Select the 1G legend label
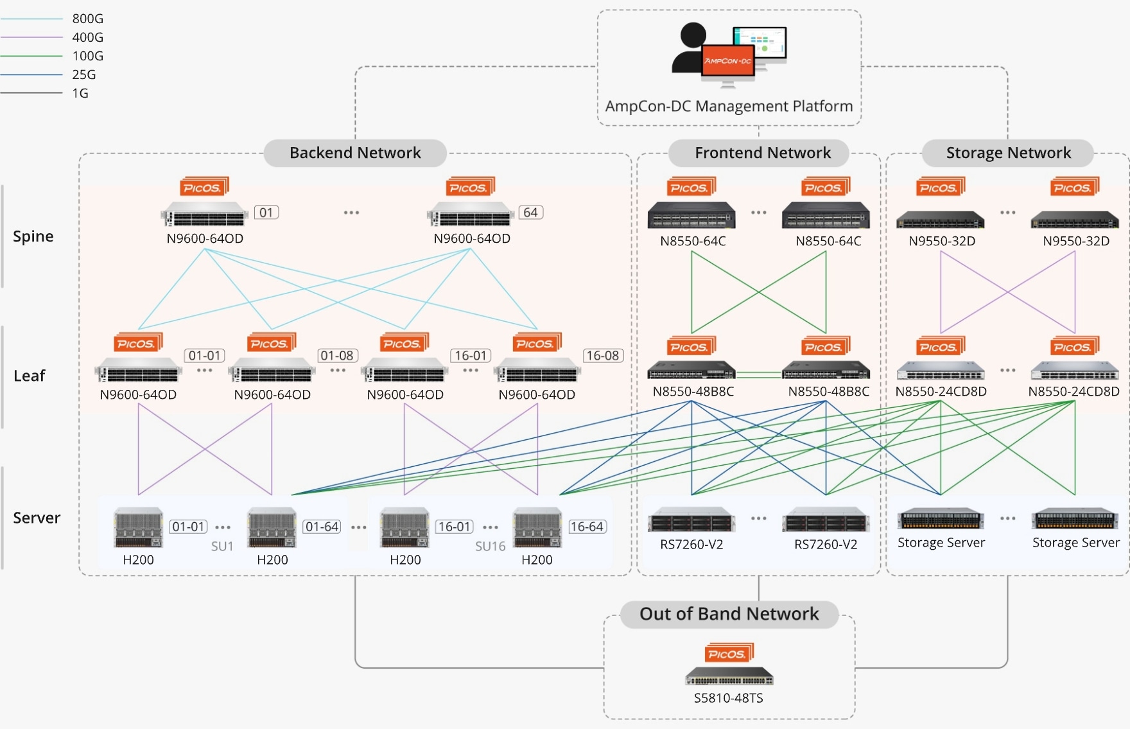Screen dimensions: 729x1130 (80, 93)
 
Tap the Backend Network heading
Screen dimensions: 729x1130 (355, 153)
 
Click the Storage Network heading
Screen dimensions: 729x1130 (1008, 153)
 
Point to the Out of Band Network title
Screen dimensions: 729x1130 (729, 614)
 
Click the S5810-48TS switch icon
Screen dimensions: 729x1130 (729, 677)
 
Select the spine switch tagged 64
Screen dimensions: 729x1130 (471, 215)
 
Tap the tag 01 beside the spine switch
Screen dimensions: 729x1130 (266, 213)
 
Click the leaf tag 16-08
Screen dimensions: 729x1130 (603, 356)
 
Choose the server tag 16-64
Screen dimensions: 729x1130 (587, 527)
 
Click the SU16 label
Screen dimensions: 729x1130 (490, 547)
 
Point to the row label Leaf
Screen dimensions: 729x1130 (30, 376)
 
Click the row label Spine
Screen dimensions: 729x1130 (33, 236)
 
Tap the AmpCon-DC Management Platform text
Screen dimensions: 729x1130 (729, 106)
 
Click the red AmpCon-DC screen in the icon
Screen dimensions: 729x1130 (728, 60)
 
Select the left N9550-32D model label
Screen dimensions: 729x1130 (942, 242)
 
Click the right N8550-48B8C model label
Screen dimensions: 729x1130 (828, 392)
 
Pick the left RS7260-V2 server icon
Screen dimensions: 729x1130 (691, 521)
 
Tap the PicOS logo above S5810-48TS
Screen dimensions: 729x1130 (728, 653)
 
